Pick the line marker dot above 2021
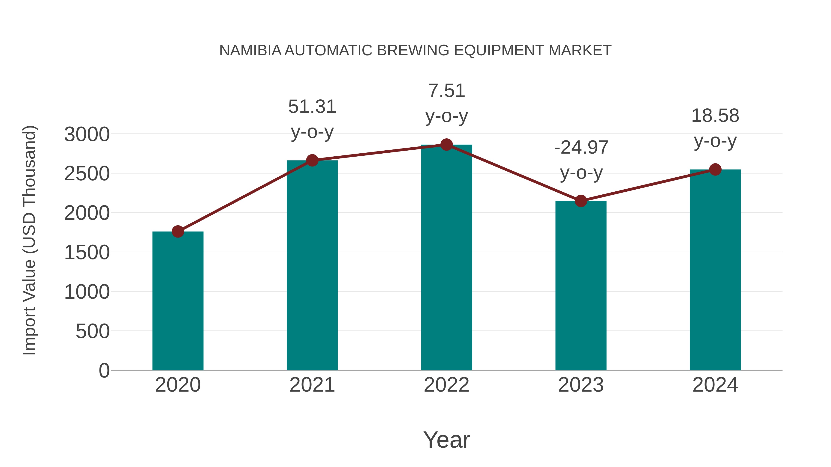pos(312,160)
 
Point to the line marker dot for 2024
pos(715,170)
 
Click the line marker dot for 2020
pos(178,231)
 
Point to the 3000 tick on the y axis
pos(87,134)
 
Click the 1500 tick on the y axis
pos(87,253)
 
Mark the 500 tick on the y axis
pos(92,331)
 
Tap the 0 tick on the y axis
pos(104,371)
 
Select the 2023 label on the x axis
pos(581,385)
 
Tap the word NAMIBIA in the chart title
pos(250,51)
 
